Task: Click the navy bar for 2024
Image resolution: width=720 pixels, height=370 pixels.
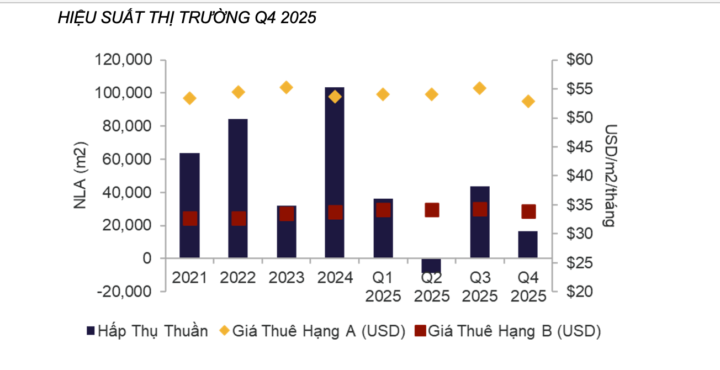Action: point(335,172)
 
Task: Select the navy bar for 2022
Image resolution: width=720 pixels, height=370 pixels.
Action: point(238,188)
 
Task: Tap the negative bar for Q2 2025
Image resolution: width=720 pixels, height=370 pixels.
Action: point(431,266)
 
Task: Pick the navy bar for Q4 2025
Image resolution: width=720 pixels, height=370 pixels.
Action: point(528,244)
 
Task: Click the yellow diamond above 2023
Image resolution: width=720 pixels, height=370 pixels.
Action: point(287,87)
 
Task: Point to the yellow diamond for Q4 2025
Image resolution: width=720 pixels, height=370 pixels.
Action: point(528,102)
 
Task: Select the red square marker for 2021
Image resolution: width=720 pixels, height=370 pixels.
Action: point(190,219)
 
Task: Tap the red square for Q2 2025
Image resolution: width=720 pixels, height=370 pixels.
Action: point(432,210)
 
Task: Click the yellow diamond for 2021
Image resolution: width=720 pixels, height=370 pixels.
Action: point(189,98)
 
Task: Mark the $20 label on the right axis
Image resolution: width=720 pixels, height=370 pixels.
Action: point(580,292)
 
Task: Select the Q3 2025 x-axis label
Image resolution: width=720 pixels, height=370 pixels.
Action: point(480,287)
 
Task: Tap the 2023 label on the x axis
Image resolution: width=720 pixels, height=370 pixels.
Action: point(287,278)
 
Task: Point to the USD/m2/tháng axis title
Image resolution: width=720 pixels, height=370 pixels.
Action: point(611,176)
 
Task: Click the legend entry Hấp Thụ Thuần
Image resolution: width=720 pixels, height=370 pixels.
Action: point(147,331)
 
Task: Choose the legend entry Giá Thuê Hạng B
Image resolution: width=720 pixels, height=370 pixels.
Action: point(507,331)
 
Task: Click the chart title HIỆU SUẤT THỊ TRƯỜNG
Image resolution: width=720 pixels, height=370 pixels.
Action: point(154,17)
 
